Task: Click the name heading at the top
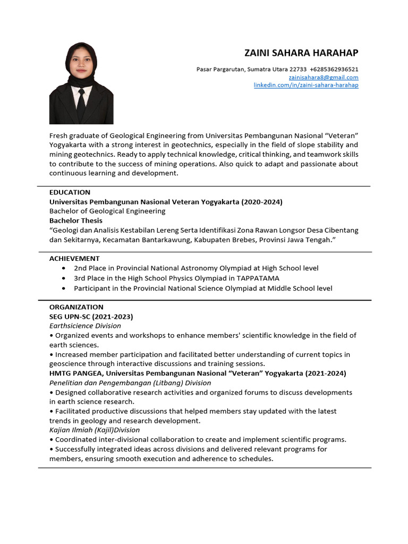click(x=301, y=53)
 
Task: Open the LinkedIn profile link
click(x=306, y=85)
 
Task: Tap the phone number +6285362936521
click(x=334, y=69)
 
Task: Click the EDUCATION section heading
click(x=70, y=192)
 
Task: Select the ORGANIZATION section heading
click(x=76, y=307)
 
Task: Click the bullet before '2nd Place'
click(x=64, y=268)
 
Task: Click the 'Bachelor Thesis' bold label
click(x=76, y=220)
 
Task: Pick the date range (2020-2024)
click(x=262, y=202)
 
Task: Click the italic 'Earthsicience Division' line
click(x=85, y=326)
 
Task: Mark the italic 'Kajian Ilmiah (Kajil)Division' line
click(x=95, y=430)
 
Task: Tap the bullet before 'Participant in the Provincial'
click(x=64, y=288)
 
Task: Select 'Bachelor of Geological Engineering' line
click(x=107, y=211)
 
